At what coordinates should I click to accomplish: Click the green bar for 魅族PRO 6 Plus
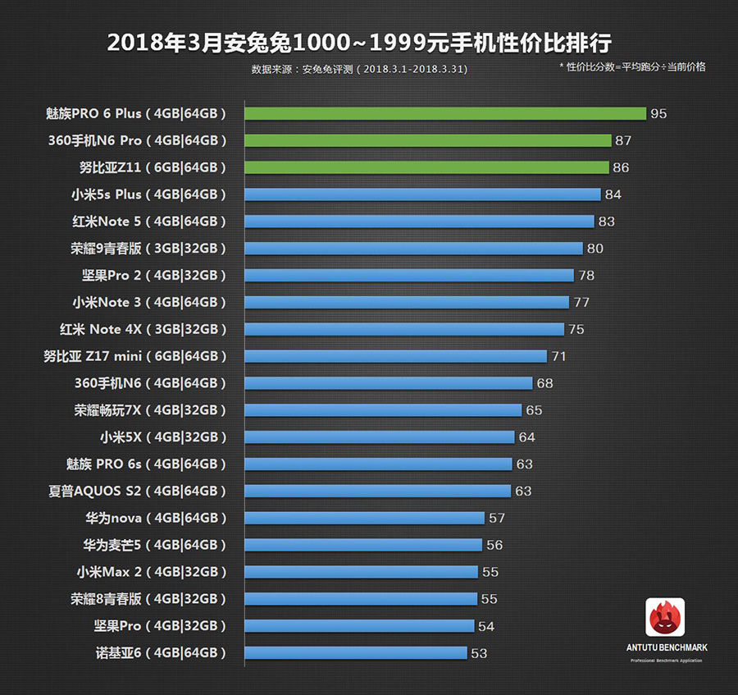445,113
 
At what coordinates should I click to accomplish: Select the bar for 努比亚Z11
426,167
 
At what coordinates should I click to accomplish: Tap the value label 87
623,140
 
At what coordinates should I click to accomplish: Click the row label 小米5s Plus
148,194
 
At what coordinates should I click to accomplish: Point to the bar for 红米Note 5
419,222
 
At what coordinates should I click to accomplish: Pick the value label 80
594,249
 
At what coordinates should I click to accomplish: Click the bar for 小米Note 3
407,302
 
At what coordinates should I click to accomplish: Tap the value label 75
576,329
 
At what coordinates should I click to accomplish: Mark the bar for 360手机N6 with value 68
389,383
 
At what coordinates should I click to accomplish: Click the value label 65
534,410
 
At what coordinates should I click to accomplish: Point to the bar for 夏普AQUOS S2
378,491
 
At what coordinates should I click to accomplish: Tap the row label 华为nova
155,518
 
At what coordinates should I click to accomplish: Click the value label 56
494,545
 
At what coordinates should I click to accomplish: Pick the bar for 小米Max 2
361,572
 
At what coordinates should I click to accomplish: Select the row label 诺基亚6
161,653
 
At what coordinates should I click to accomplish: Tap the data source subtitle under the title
359,70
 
